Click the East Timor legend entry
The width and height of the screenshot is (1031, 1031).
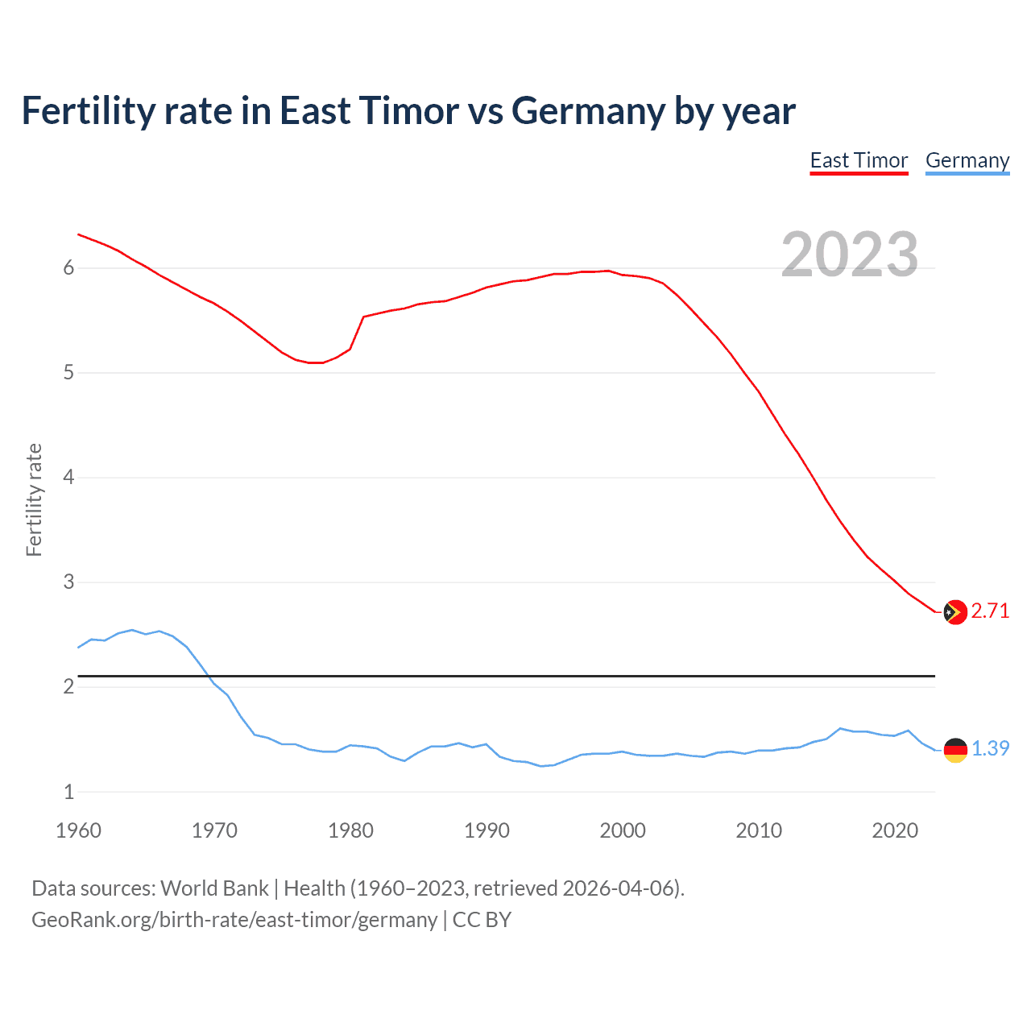click(x=859, y=160)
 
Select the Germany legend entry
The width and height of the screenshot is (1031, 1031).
click(x=967, y=160)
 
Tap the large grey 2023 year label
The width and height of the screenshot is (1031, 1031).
click(x=850, y=255)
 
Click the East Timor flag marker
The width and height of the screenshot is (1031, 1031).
click(x=954, y=612)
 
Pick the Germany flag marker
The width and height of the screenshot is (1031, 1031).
click(x=954, y=749)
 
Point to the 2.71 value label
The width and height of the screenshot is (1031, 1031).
click(x=990, y=611)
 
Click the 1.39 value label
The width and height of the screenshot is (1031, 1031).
click(x=990, y=748)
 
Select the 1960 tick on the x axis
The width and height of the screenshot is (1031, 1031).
click(x=78, y=830)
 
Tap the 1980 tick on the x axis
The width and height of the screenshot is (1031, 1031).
click(x=350, y=830)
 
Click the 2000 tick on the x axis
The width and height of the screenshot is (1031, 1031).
click(x=623, y=830)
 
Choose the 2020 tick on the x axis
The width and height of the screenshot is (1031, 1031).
click(x=895, y=830)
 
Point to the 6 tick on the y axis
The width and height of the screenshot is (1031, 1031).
click(x=68, y=268)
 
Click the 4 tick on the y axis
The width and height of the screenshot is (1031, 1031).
click(x=68, y=478)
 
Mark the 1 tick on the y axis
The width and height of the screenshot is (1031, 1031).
click(x=68, y=792)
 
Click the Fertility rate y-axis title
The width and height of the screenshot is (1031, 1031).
click(x=34, y=499)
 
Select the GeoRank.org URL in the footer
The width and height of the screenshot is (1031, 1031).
click(x=234, y=920)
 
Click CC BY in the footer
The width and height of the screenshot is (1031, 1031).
click(x=482, y=920)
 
